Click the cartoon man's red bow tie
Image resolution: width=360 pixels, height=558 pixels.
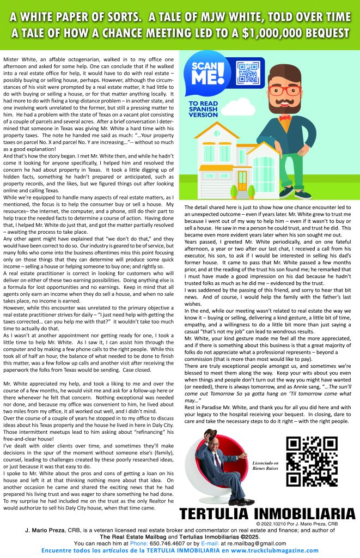284,117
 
